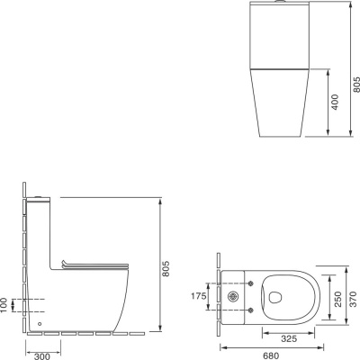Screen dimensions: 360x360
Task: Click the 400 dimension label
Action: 335,102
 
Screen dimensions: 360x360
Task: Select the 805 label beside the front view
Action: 356,85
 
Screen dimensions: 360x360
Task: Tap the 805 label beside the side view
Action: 166,269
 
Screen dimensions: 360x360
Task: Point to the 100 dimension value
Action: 4,305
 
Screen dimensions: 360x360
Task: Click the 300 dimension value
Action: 42,356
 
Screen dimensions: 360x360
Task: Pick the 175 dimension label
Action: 199,296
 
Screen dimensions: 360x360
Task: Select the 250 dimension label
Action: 338,299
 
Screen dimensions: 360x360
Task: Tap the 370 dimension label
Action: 354,299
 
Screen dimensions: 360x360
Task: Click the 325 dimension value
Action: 289,339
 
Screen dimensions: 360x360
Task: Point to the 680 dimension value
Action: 271,356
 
